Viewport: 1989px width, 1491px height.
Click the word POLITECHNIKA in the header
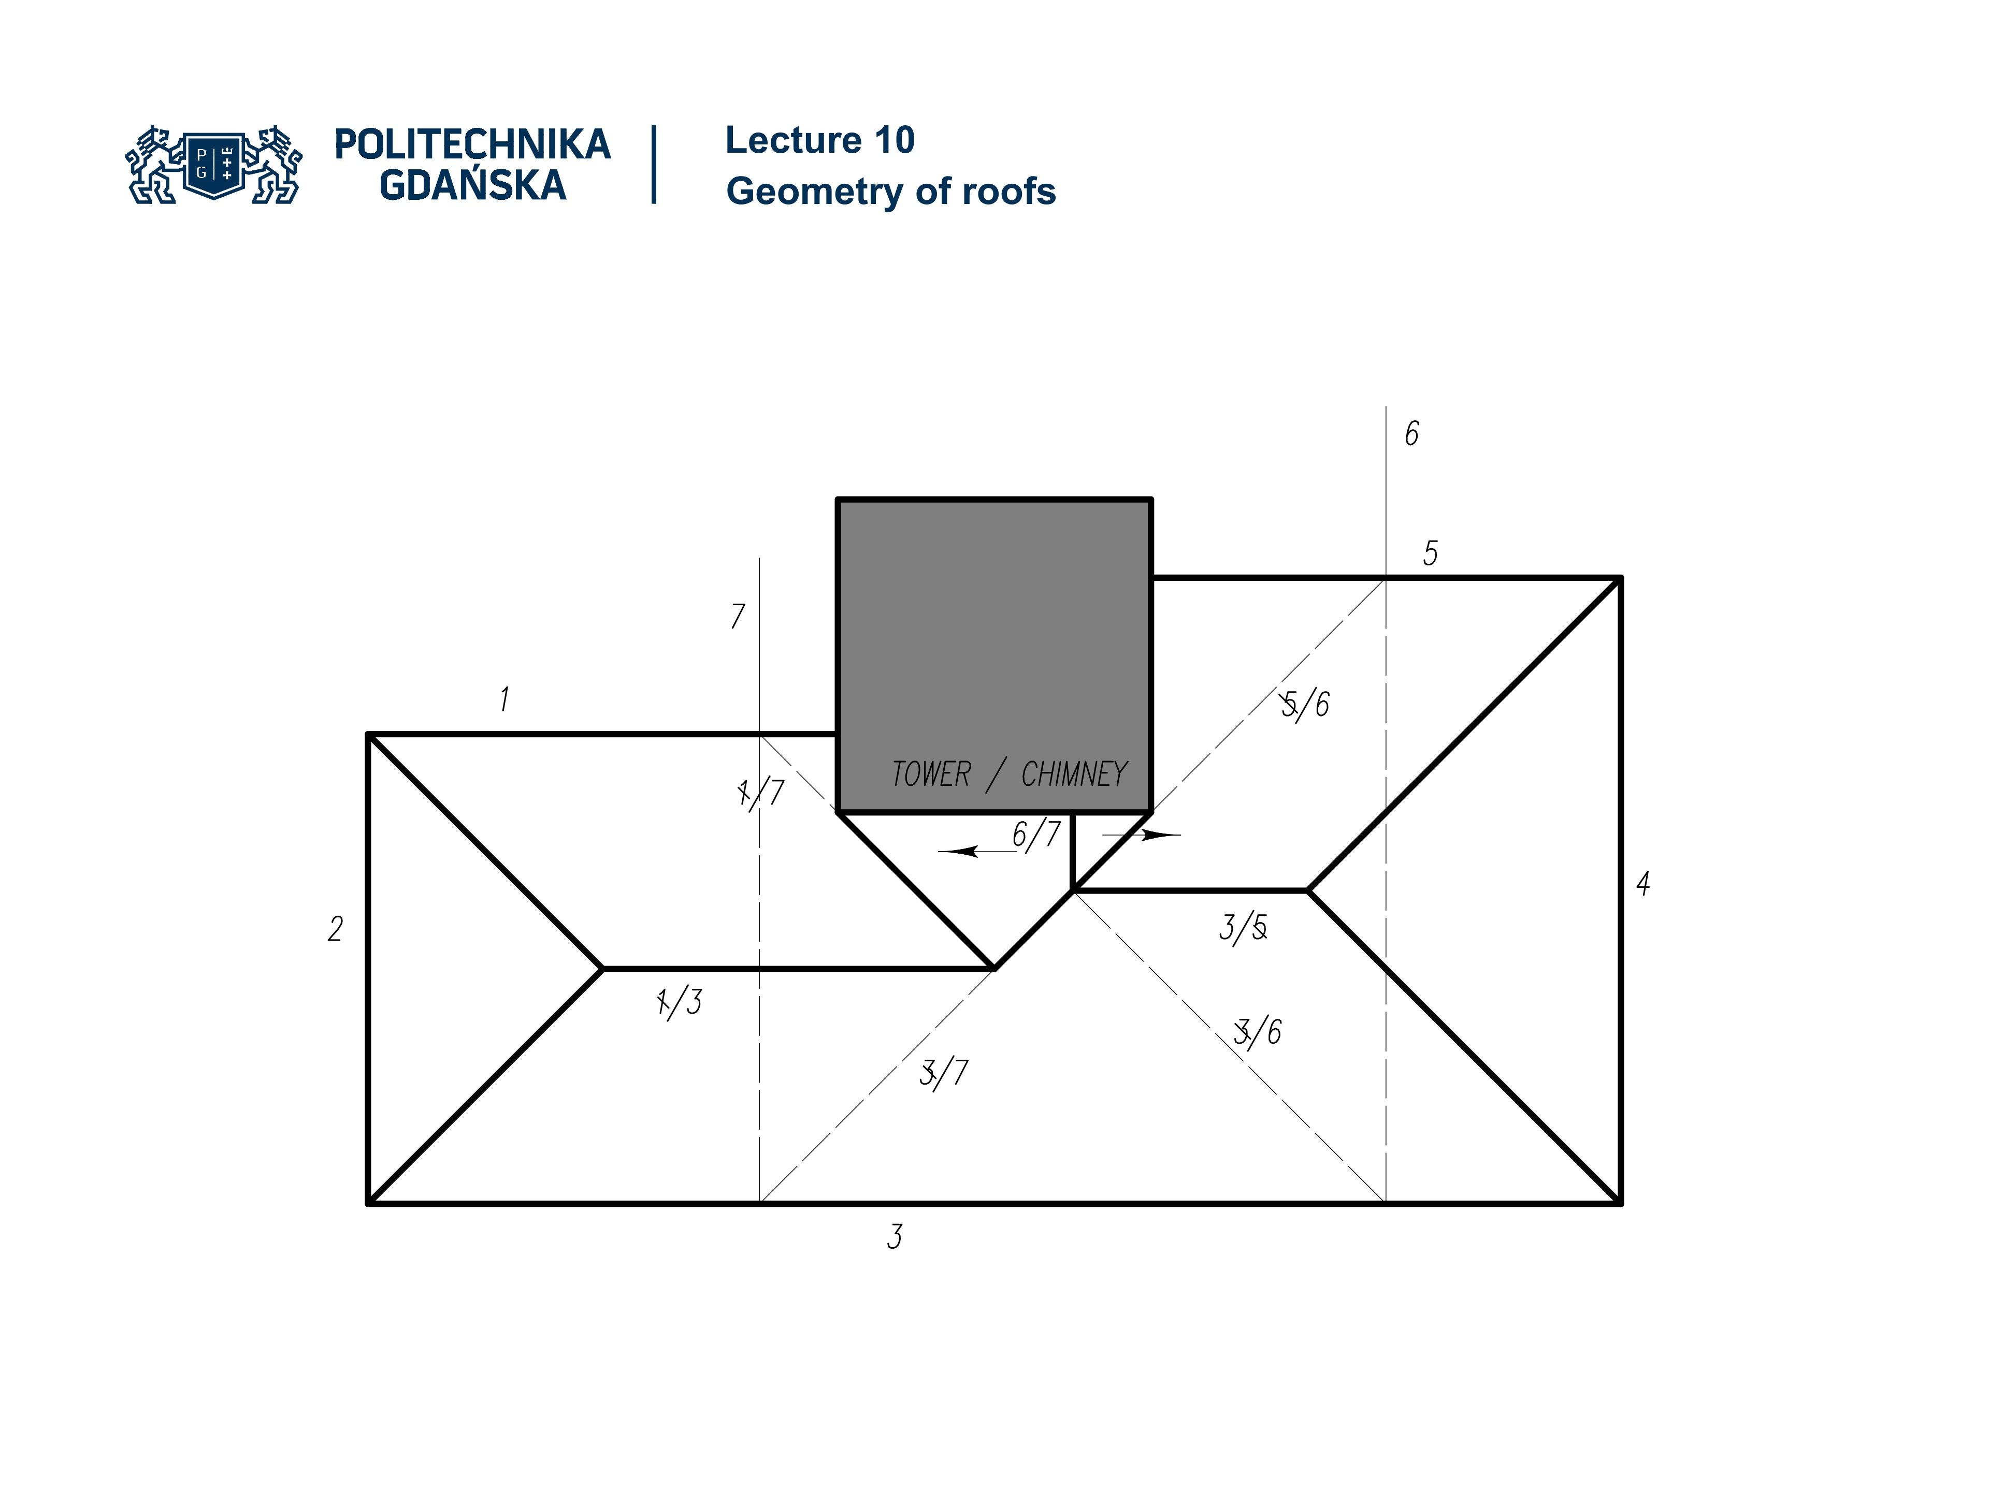tap(472, 144)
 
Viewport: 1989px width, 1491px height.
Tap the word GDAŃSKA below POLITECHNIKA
tap(472, 186)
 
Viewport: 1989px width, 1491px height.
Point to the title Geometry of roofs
tap(890, 192)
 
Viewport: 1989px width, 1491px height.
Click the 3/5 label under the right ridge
tap(1244, 928)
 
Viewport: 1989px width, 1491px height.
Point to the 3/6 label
tap(1258, 1032)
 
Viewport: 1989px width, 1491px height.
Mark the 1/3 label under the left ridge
tap(680, 1001)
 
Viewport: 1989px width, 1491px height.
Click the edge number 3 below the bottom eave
tap(894, 1237)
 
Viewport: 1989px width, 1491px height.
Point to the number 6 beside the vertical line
tap(1411, 434)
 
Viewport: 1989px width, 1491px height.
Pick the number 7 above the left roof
tap(738, 616)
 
